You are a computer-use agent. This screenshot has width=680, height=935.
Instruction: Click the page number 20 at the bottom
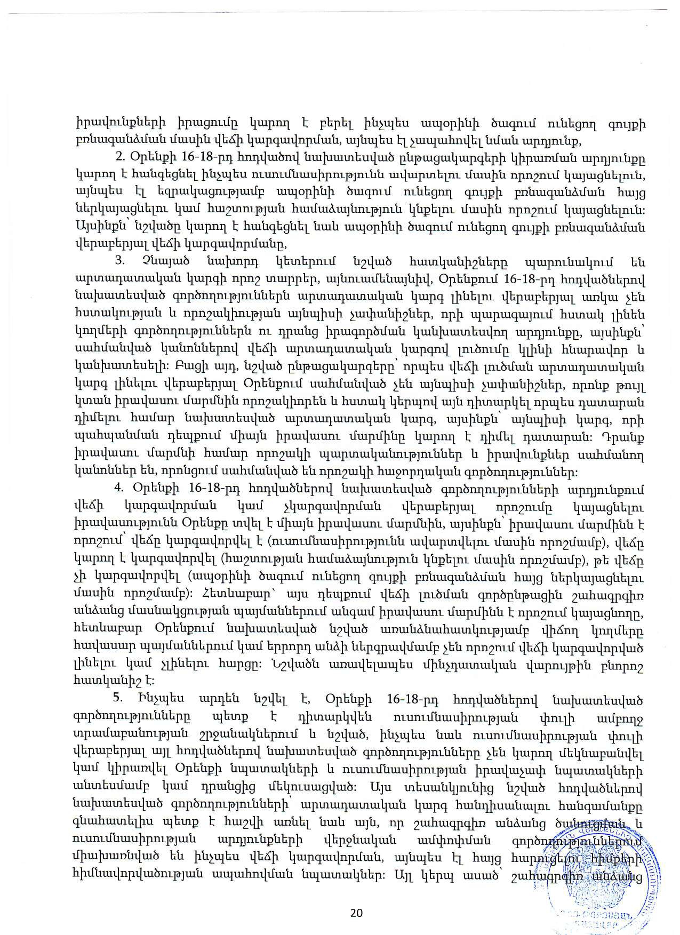pyautogui.click(x=356, y=913)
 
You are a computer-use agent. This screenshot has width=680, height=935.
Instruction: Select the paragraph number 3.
pyautogui.click(x=119, y=262)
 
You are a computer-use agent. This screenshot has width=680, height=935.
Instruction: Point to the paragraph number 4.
pyautogui.click(x=119, y=488)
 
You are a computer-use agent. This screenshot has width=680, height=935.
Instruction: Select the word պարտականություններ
pyautogui.click(x=404, y=458)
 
